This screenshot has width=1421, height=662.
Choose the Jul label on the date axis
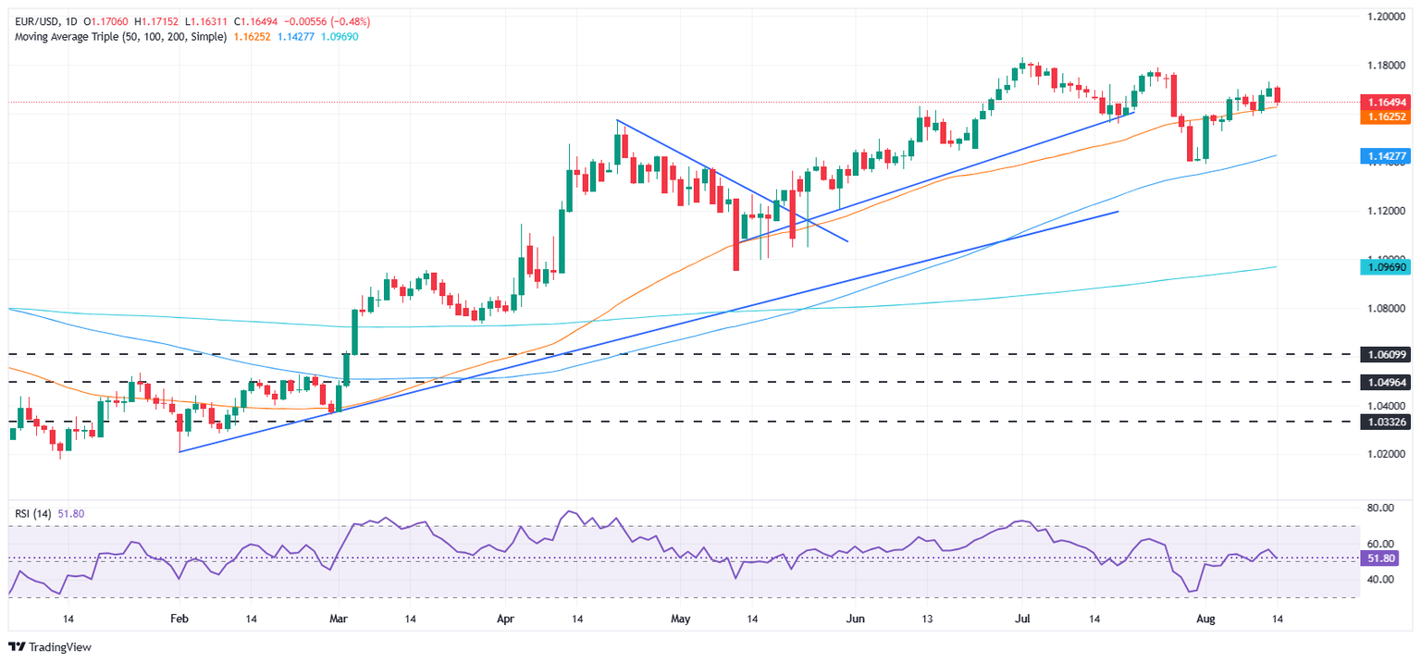point(1022,618)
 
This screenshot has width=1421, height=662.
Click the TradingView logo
point(51,647)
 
